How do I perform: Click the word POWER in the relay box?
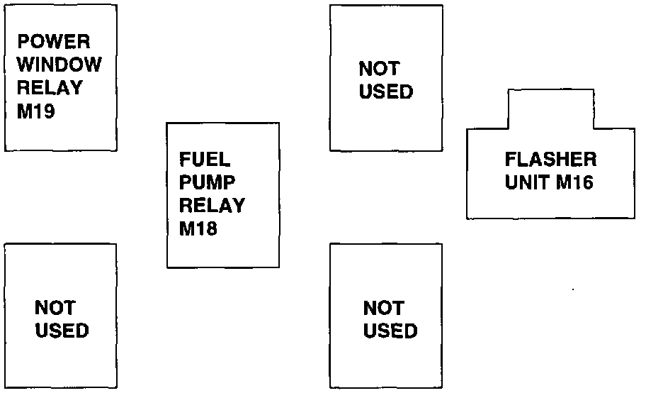pos(55,40)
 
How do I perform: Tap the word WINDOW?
pos(59,65)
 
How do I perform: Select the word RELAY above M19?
pos(50,88)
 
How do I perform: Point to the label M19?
pos(35,112)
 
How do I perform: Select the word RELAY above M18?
pos(212,205)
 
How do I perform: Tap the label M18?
pos(198,229)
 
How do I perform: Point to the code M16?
pos(574,182)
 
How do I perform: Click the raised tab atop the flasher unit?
pos(550,108)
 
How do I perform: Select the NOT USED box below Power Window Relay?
pos(60,316)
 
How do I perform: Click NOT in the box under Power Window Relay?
pos(55,308)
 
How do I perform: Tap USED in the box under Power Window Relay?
pos(62,331)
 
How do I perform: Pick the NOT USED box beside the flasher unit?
pos(386,78)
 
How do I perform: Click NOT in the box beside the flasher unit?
pos(380,69)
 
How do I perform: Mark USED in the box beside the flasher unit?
pos(386,92)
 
